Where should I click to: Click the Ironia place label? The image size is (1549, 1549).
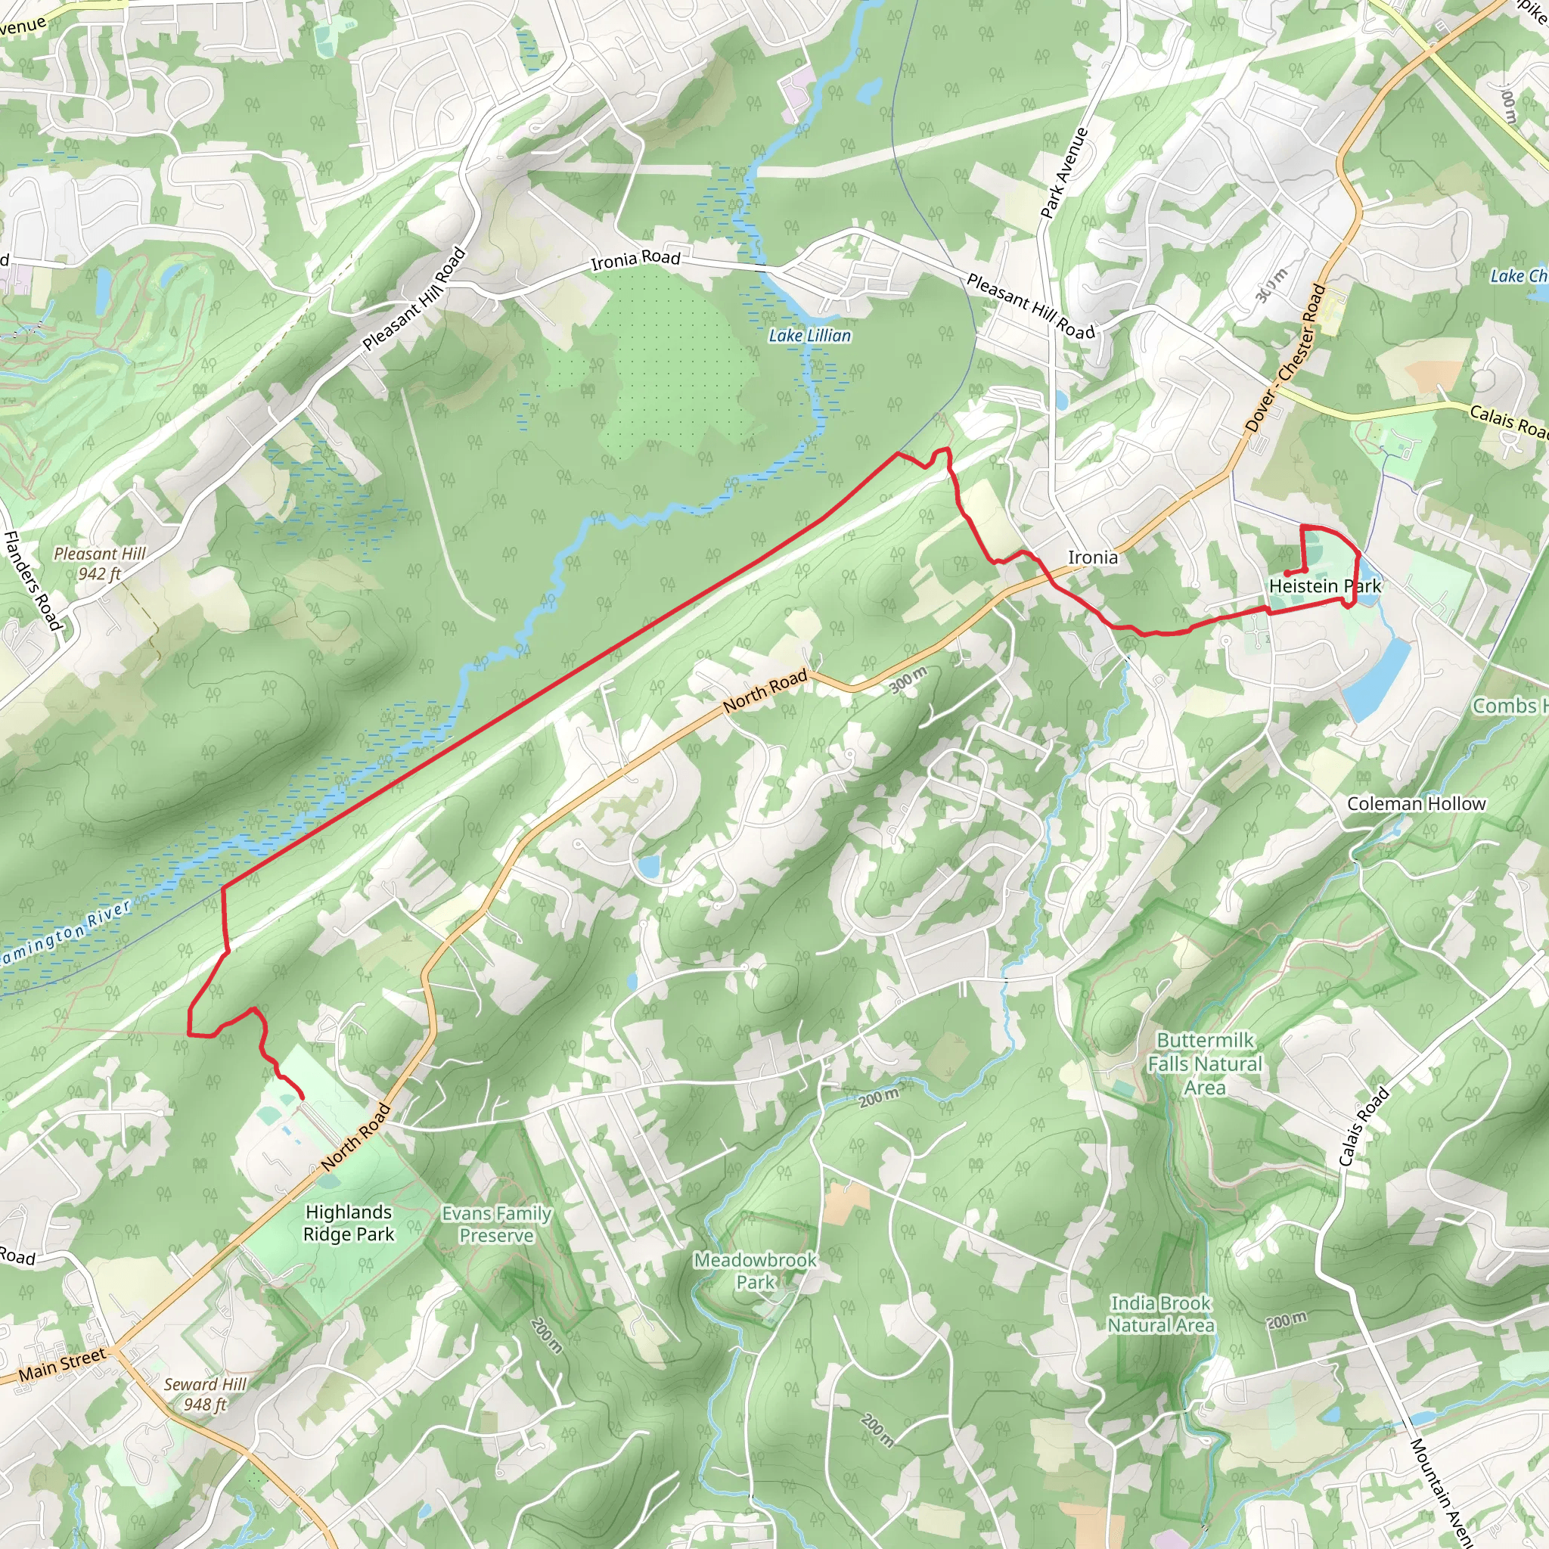pos(1092,557)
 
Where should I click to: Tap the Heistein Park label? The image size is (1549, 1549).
pos(1324,586)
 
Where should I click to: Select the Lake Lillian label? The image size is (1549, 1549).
pos(810,336)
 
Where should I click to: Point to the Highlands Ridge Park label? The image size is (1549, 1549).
pos(349,1223)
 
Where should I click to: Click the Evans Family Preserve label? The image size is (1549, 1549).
pos(496,1225)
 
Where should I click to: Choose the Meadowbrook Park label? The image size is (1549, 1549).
pos(756,1271)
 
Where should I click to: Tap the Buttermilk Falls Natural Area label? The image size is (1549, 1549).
pos(1204,1064)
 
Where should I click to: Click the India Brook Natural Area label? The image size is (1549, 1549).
pos(1160,1314)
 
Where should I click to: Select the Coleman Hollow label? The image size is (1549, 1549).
pos(1416,803)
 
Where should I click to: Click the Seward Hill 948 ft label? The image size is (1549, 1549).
pos(205,1393)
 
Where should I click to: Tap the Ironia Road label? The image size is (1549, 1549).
pos(635,259)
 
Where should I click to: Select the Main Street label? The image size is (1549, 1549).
pos(62,1364)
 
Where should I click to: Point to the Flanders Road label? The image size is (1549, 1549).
pos(32,579)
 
